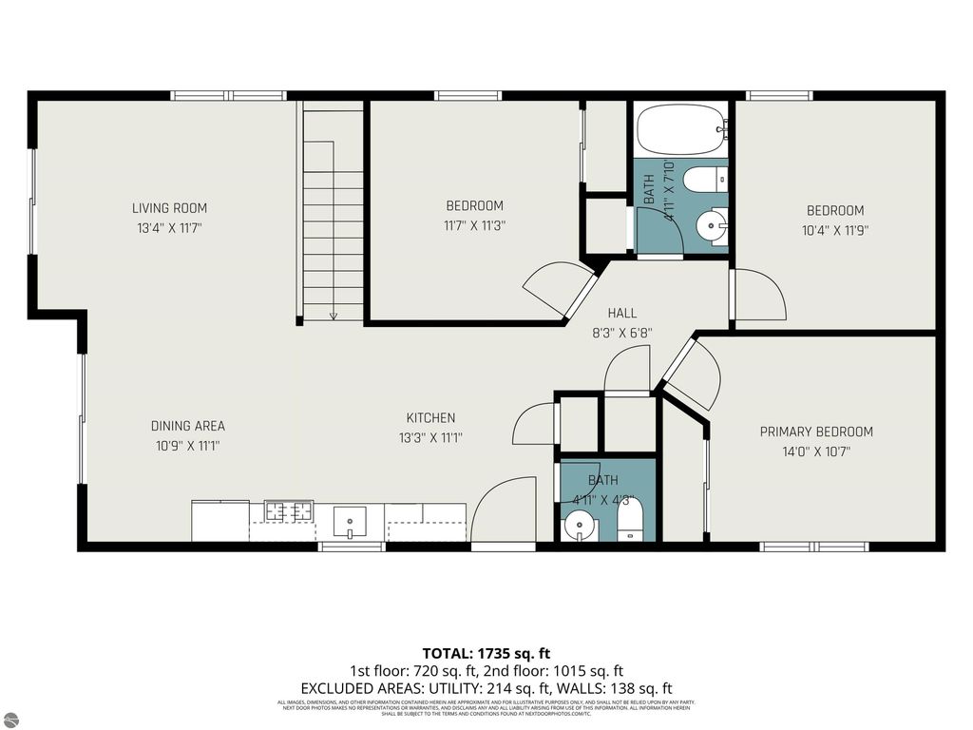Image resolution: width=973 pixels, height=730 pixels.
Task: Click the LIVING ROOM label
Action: click(x=169, y=208)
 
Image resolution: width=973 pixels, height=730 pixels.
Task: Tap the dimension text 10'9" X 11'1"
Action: click(x=187, y=445)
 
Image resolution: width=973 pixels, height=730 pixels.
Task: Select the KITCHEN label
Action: click(x=430, y=417)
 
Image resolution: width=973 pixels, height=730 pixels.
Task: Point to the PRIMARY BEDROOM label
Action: click(x=816, y=432)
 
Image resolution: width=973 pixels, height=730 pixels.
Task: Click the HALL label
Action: click(x=622, y=313)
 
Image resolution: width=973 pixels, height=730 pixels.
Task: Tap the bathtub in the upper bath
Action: click(x=679, y=129)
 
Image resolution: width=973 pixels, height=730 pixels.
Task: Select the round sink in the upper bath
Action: click(x=711, y=225)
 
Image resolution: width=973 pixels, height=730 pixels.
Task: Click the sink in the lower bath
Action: click(x=578, y=525)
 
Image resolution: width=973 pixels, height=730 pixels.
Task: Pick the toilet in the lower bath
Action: click(x=630, y=521)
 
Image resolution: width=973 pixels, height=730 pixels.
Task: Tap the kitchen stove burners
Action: click(x=289, y=512)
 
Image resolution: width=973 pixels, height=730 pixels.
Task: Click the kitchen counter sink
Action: click(x=350, y=521)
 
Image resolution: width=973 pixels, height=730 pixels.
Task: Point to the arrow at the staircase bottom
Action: click(x=334, y=315)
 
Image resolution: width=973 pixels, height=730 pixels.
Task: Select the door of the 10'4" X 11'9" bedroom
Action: click(x=759, y=296)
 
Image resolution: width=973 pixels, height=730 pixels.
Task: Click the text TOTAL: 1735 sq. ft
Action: click(x=486, y=653)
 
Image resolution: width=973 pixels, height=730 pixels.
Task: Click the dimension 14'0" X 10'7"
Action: click(x=816, y=452)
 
